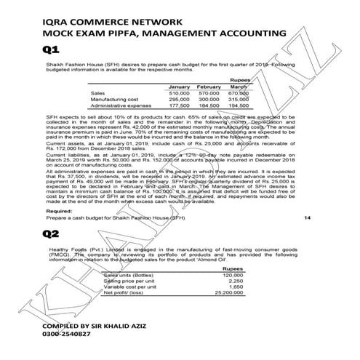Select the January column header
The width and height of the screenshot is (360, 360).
[x=179, y=87]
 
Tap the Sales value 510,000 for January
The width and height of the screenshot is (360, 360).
[x=179, y=94]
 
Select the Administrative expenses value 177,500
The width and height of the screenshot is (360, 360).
[x=179, y=105]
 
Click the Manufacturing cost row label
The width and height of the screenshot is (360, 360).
[x=114, y=100]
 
